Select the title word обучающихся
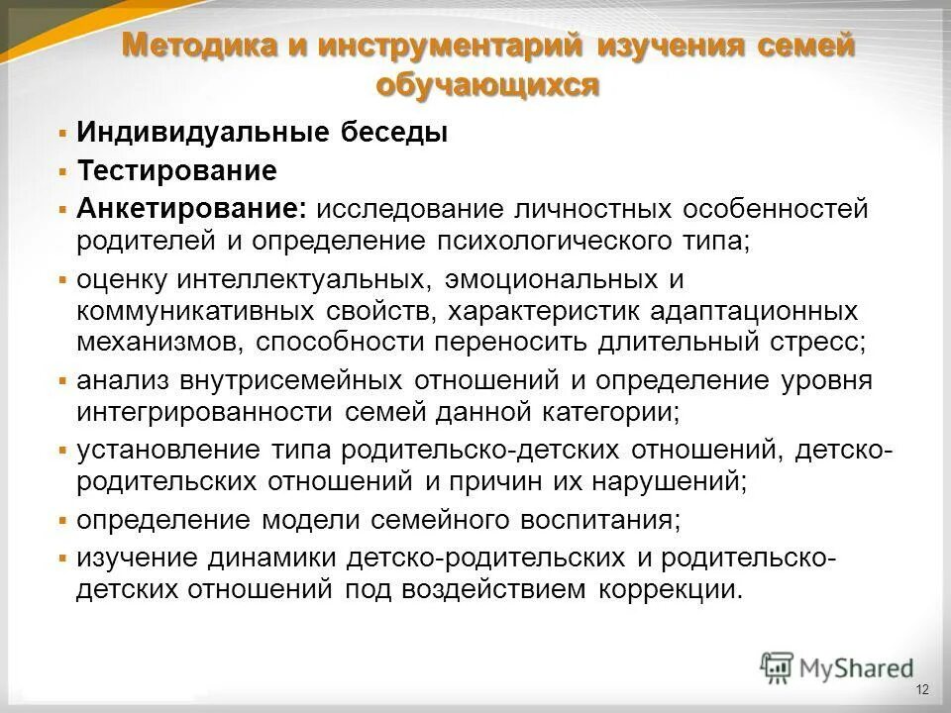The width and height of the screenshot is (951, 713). [x=487, y=85]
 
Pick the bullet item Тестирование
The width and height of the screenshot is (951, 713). [x=177, y=171]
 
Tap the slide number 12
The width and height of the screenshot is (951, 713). [x=922, y=689]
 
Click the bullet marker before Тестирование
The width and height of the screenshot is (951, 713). [x=62, y=171]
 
